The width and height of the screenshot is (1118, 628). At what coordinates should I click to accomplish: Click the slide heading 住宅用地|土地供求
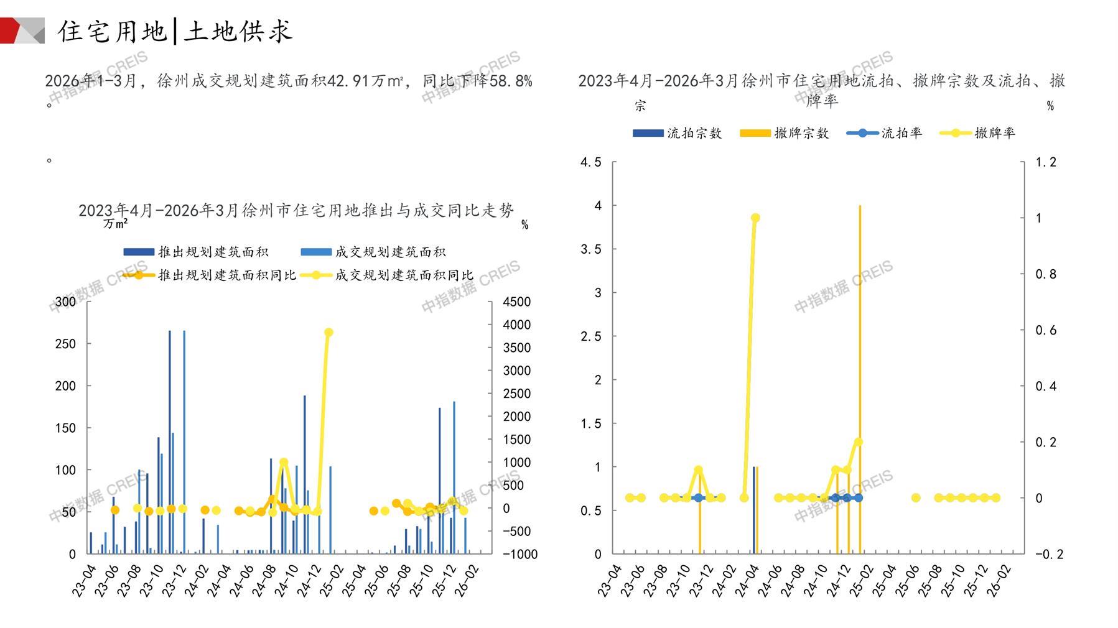click(x=175, y=31)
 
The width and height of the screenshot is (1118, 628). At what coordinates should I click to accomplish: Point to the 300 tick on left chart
click(x=65, y=302)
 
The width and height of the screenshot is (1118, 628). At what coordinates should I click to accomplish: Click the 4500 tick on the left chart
click(x=516, y=302)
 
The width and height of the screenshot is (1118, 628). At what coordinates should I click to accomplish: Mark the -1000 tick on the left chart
click(x=519, y=554)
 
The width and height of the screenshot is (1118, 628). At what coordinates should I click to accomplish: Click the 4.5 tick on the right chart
click(x=590, y=162)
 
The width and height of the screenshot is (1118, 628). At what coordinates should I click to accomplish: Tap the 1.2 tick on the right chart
click(x=1045, y=162)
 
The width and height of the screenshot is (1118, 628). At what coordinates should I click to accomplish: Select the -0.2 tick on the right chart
click(x=1048, y=554)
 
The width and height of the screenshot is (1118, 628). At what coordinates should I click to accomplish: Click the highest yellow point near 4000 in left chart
click(x=328, y=333)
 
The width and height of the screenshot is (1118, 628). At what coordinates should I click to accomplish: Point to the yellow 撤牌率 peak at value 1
click(x=755, y=218)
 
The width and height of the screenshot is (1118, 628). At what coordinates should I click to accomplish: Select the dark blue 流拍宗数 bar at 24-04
click(x=753, y=510)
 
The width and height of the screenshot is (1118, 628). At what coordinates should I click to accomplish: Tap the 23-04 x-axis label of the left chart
click(x=84, y=580)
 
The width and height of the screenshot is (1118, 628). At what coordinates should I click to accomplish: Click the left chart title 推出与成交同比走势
click(x=296, y=211)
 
